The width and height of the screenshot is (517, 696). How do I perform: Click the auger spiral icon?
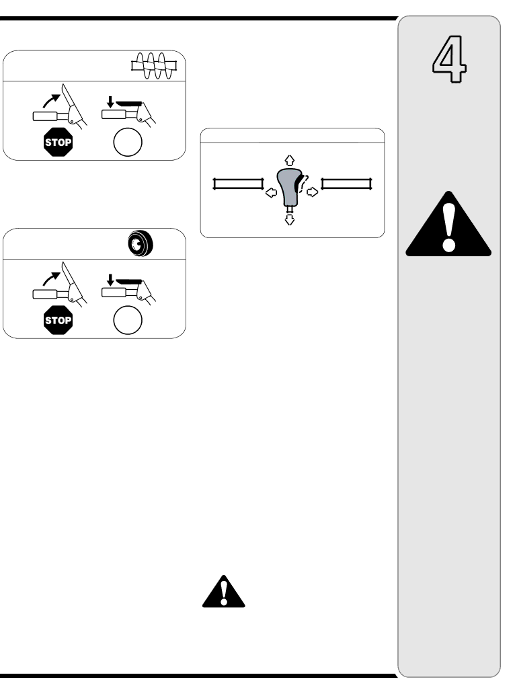[153, 66]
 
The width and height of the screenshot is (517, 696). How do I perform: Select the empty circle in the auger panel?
[128, 143]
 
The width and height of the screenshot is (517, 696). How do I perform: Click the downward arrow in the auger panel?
[108, 102]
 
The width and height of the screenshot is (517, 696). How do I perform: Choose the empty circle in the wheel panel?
[128, 321]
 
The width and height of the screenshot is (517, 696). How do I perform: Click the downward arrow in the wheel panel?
[108, 280]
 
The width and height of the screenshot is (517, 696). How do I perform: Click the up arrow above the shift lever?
[290, 160]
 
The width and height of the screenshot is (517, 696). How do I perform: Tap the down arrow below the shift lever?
[290, 219]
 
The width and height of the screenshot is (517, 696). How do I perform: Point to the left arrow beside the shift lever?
[270, 192]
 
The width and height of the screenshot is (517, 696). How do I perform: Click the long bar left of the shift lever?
[237, 184]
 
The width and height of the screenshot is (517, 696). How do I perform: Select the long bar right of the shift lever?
[346, 184]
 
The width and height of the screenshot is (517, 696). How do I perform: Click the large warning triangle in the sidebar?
[448, 225]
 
